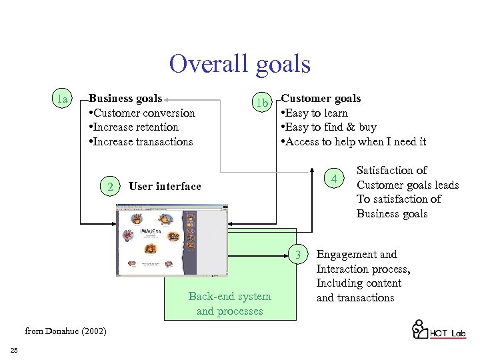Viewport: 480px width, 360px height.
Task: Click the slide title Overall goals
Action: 239,65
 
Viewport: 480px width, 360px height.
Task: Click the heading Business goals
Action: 125,99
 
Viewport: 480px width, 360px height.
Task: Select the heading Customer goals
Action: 321,99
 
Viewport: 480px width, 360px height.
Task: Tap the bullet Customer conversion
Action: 142,113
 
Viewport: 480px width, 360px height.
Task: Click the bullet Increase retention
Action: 133,127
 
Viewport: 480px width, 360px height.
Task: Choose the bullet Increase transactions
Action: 141,142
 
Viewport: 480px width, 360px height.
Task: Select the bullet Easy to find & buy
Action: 329,127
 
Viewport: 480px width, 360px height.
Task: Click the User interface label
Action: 165,187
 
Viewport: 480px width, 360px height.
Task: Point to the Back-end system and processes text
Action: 230,304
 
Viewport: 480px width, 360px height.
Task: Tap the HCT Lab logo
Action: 438,331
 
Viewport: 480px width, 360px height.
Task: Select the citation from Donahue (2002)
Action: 65,331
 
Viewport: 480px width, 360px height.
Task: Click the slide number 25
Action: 14,351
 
